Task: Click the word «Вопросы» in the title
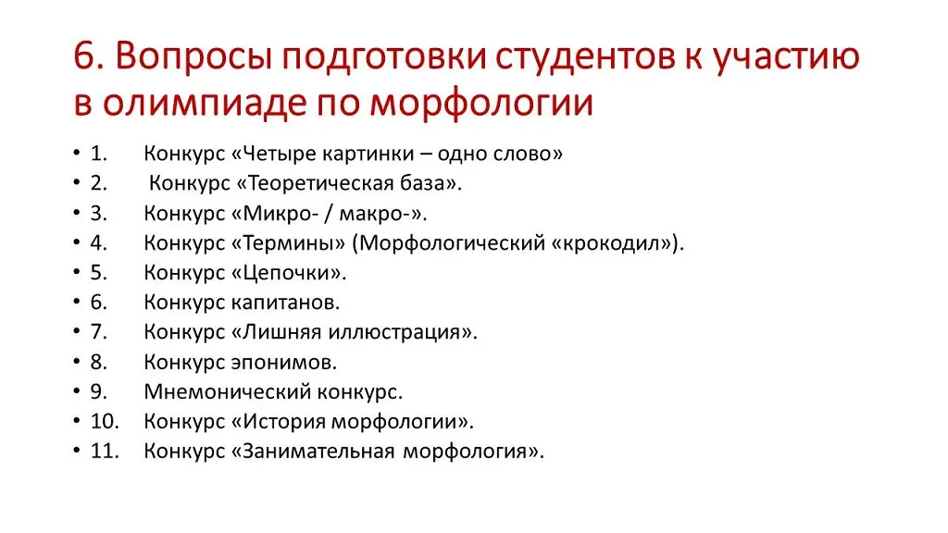click(x=193, y=57)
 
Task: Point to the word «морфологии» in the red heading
click(x=481, y=104)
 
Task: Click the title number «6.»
click(x=89, y=56)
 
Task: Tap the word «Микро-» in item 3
click(x=281, y=214)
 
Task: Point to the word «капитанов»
click(x=285, y=303)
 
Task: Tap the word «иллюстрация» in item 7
click(x=394, y=332)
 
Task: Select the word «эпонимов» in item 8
click(x=284, y=363)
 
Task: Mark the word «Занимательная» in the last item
click(x=318, y=452)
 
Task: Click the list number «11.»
click(x=105, y=451)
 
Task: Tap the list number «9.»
click(x=99, y=391)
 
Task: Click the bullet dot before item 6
click(x=77, y=301)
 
